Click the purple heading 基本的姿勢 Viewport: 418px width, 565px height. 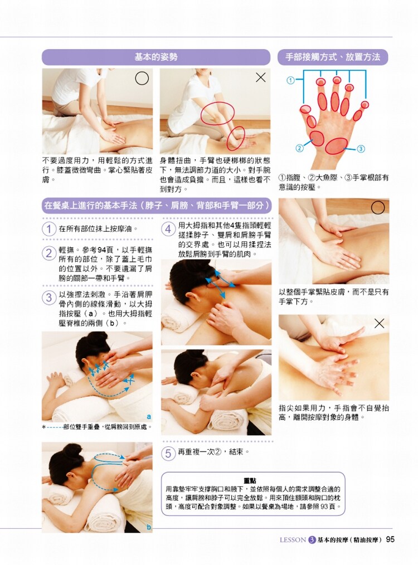156,57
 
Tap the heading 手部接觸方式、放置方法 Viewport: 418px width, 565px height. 333,57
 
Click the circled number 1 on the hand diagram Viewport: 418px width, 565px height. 290,80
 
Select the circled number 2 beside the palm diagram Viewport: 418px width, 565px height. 299,148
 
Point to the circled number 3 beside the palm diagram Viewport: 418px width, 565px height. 361,148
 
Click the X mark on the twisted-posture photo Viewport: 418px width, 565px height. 260,77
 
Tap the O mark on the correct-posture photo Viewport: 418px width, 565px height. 142,78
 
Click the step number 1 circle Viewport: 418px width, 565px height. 49,229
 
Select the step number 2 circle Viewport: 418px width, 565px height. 49,254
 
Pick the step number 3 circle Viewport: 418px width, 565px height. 49,298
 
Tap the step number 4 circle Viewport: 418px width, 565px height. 168,229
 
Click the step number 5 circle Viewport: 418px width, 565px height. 168,452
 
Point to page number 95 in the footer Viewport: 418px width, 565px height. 390,539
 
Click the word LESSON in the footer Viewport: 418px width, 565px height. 293,540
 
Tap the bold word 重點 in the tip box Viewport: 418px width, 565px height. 250,481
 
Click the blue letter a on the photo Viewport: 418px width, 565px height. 149,417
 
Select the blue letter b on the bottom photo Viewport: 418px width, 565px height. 149,527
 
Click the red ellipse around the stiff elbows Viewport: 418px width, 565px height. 218,103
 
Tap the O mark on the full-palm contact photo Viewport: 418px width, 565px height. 378,207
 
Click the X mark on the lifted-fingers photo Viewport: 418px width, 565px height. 379,324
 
